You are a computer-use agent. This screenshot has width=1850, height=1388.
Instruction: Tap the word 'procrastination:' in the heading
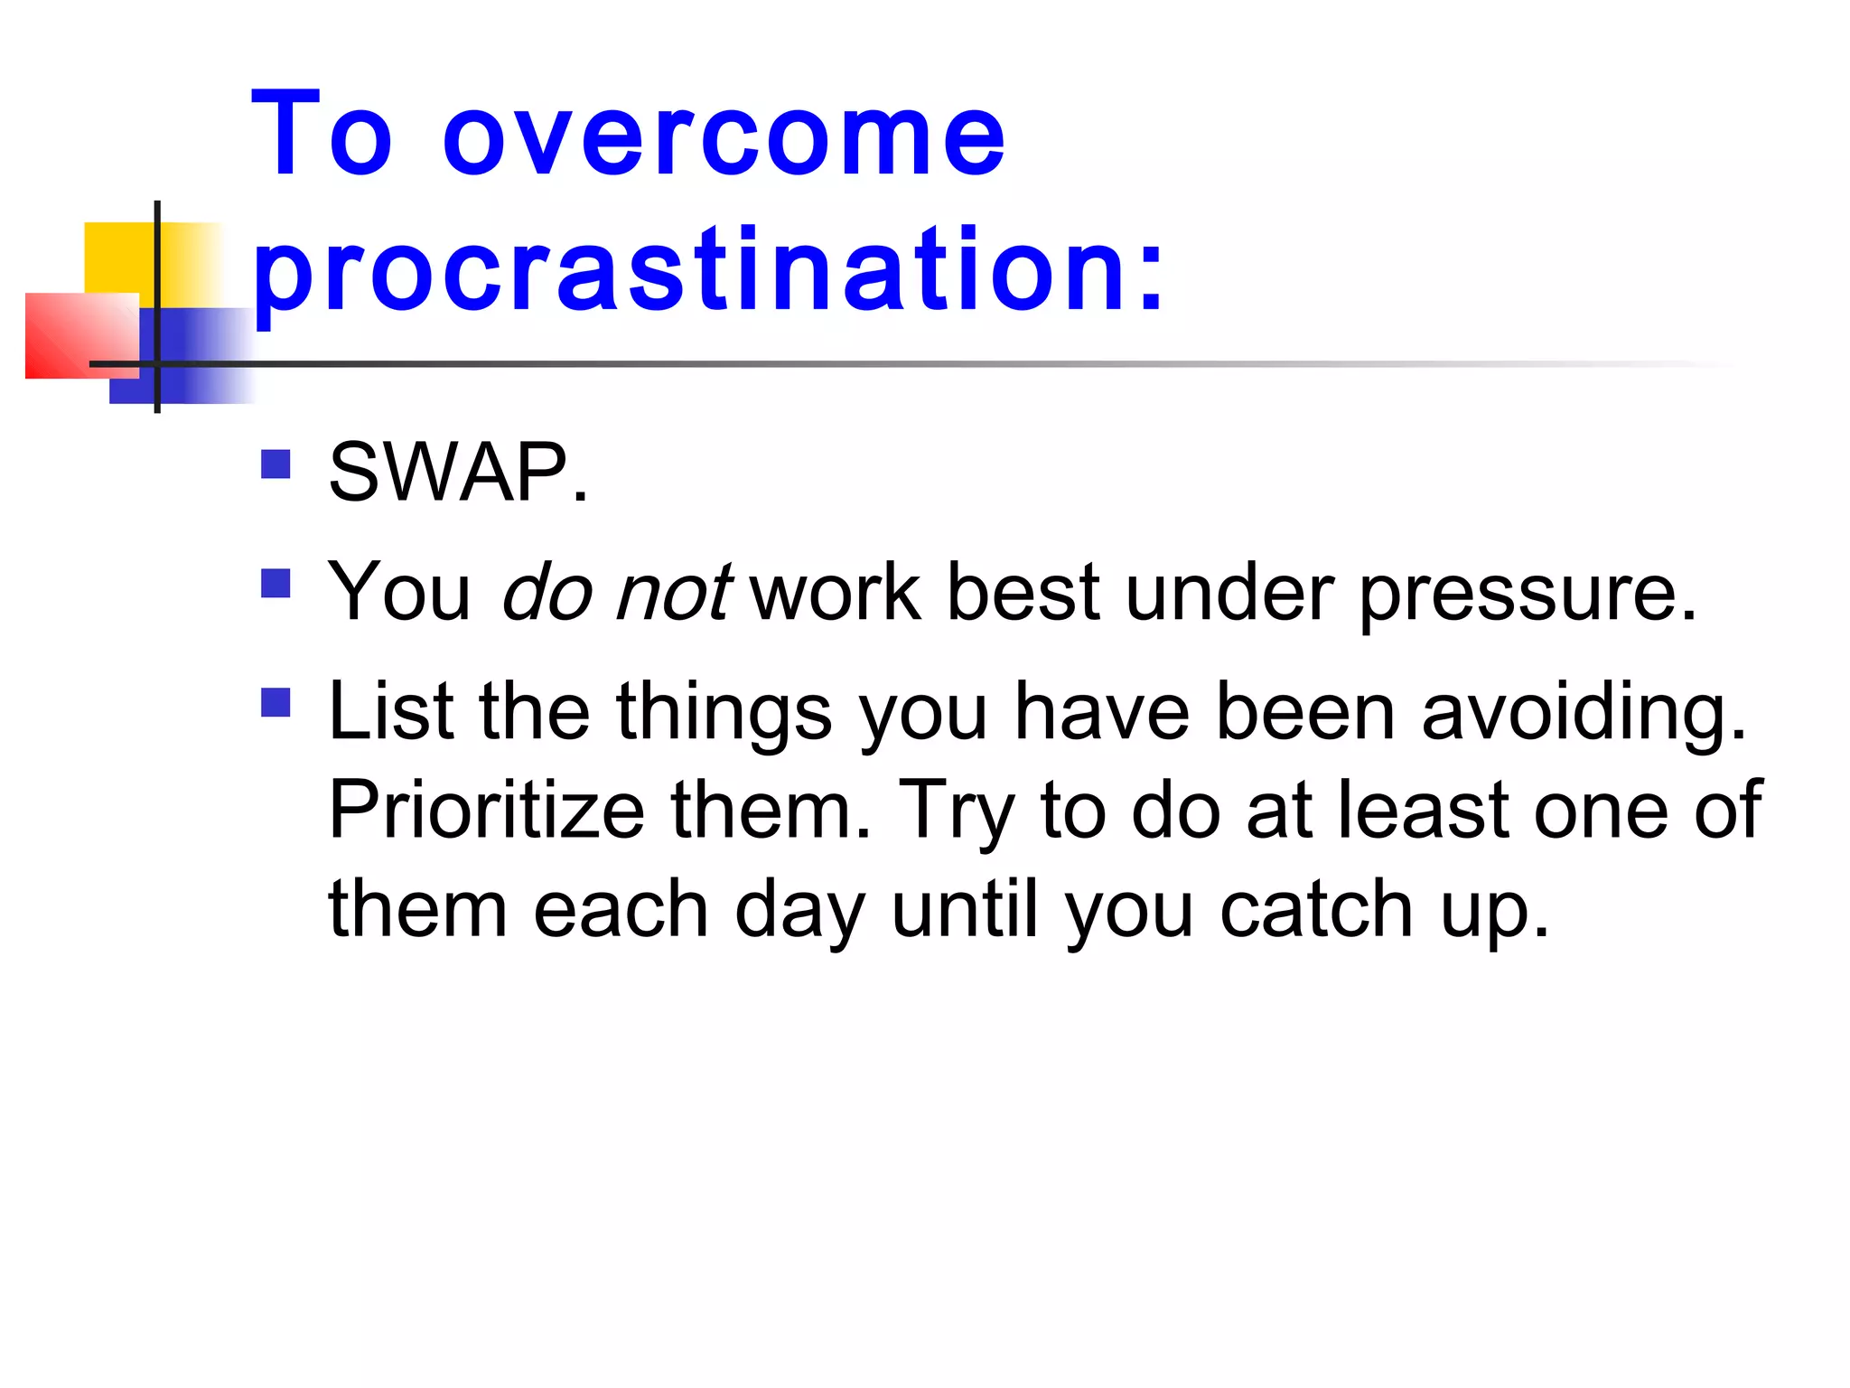click(x=709, y=271)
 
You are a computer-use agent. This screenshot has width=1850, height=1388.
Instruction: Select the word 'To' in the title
click(x=322, y=136)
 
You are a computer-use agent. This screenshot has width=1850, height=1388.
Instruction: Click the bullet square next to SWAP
click(x=276, y=464)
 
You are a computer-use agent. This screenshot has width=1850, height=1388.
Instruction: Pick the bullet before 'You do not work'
click(x=276, y=583)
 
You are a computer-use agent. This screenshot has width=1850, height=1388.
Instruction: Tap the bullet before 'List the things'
click(x=276, y=702)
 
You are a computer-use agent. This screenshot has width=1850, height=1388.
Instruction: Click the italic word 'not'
click(x=672, y=594)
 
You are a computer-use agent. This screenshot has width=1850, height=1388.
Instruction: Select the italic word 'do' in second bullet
click(x=547, y=594)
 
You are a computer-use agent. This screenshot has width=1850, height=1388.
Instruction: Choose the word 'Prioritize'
click(x=486, y=811)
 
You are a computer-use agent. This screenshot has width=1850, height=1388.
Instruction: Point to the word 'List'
click(x=390, y=712)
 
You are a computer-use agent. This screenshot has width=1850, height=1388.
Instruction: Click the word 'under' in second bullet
click(x=1229, y=594)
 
